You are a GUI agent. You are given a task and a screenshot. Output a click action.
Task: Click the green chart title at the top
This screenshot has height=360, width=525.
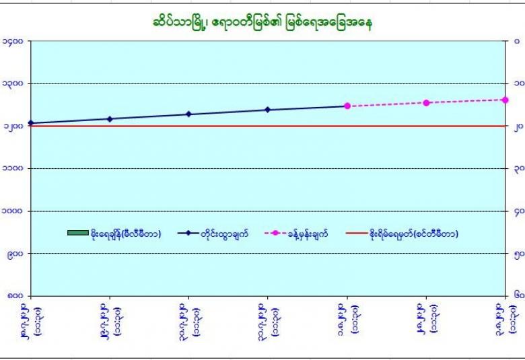pyautogui.click(x=263, y=22)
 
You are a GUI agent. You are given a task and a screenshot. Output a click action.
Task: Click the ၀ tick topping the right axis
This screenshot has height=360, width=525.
pyautogui.click(x=516, y=41)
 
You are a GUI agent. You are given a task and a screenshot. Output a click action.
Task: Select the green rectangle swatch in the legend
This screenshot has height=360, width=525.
pyautogui.click(x=77, y=233)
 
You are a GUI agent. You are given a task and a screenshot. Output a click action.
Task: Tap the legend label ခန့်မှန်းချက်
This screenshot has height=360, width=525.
pyautogui.click(x=308, y=233)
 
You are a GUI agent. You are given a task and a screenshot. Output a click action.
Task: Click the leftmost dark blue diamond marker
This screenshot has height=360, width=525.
pyautogui.click(x=31, y=123)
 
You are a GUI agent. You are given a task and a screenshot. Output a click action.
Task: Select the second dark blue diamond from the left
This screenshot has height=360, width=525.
pyautogui.click(x=110, y=118)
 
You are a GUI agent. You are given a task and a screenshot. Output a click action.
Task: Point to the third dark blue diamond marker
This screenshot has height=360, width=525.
pyautogui.click(x=188, y=114)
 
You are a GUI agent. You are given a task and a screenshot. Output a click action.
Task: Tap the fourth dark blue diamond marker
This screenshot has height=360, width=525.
pyautogui.click(x=268, y=110)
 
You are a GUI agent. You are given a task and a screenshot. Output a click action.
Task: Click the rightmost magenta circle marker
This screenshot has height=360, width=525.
pyautogui.click(x=505, y=100)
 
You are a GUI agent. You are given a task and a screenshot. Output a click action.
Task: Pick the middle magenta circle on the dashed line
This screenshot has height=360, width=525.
pyautogui.click(x=426, y=102)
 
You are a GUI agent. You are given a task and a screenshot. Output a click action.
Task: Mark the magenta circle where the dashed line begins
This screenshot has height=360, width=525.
pyautogui.click(x=347, y=106)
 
